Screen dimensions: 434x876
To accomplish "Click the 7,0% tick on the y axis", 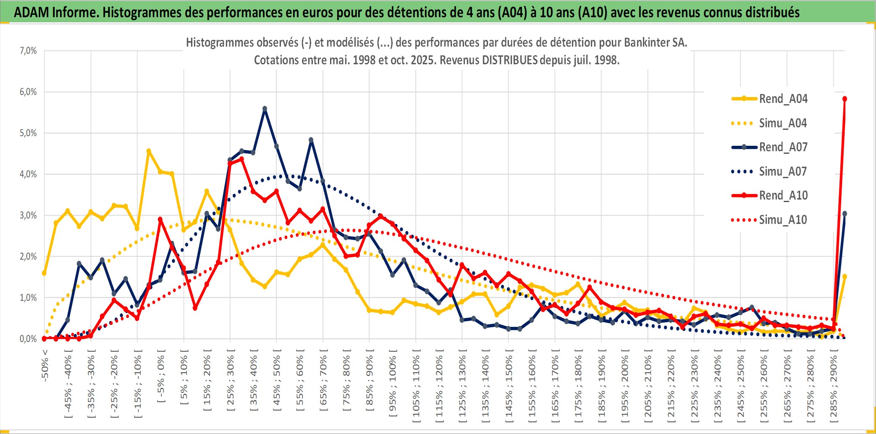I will point(28,51).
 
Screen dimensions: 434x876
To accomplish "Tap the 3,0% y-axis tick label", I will point(28,216).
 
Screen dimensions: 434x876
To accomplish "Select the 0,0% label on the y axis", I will point(28,339).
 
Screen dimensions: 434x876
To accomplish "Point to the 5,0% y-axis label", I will point(28,133).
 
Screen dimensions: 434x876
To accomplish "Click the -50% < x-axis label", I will point(45,366).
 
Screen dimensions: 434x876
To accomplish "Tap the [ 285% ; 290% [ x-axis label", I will point(834,389).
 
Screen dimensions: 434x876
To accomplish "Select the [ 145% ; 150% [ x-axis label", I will point(509,389).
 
